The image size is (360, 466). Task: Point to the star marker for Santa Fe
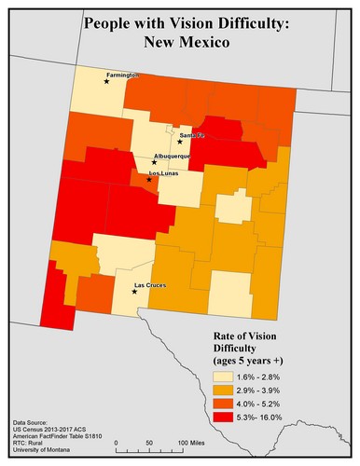pyautogui.click(x=180, y=142)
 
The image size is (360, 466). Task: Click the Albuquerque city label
pyautogui.click(x=172, y=156)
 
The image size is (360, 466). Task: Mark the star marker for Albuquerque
pyautogui.click(x=154, y=162)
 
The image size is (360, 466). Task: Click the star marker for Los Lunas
pyautogui.click(x=148, y=179)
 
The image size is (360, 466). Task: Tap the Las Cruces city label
pyautogui.click(x=151, y=284)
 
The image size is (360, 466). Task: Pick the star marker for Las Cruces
pyautogui.click(x=134, y=292)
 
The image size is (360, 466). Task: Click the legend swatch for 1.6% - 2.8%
pyautogui.click(x=215, y=376)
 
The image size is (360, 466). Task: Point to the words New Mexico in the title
pyautogui.click(x=180, y=42)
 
